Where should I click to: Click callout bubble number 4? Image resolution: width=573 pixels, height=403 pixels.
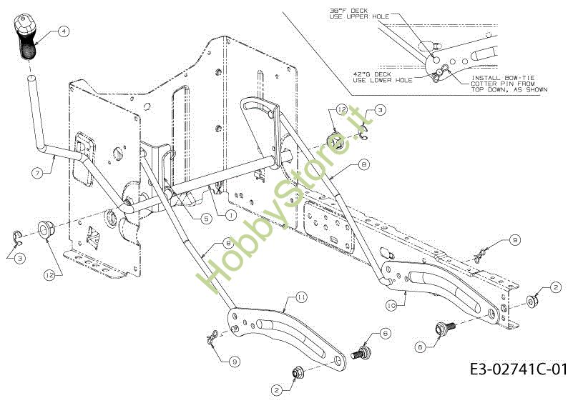pos(63,31)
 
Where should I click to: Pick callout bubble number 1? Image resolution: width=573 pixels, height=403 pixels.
pos(230,214)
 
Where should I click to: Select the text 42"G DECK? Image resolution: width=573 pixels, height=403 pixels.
pos(373,74)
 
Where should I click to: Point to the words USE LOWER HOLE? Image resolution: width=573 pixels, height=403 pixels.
pos(383,81)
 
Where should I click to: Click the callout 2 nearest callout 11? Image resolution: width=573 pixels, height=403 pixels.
pos(275,391)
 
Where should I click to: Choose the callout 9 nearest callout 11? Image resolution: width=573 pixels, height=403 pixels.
pos(235,361)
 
